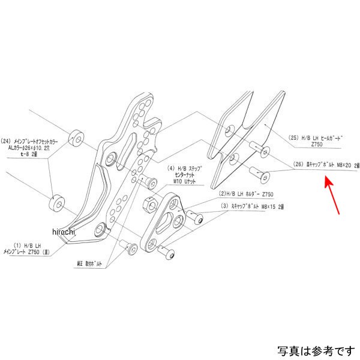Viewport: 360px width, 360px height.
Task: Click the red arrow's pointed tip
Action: (326, 178)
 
